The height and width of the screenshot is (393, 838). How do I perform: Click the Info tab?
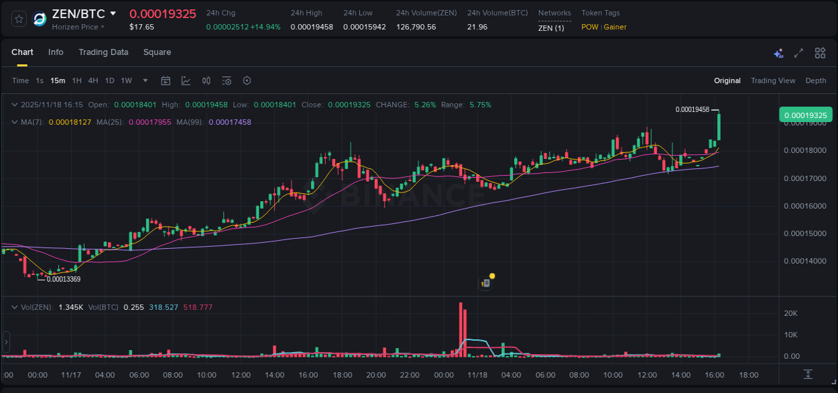(56, 52)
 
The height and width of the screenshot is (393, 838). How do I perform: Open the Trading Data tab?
(103, 52)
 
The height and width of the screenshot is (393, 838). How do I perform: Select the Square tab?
(157, 52)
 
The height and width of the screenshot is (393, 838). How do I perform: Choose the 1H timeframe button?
(76, 80)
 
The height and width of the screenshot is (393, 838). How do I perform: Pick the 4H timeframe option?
(93, 80)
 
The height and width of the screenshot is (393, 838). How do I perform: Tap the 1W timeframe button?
(126, 80)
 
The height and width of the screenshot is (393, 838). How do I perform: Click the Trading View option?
(772, 80)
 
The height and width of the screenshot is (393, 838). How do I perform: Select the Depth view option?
(815, 80)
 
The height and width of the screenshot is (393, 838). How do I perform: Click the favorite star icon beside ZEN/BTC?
(19, 19)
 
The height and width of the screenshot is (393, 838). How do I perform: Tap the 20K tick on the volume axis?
(791, 313)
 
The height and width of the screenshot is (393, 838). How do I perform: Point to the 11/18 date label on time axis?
(477, 375)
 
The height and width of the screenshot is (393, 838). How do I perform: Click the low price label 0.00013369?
(63, 279)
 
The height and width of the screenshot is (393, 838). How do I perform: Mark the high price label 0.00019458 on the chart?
(692, 109)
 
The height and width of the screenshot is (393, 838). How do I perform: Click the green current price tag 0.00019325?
(805, 115)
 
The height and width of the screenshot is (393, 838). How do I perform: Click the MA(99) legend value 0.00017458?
(230, 122)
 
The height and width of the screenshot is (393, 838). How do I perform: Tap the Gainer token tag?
(615, 27)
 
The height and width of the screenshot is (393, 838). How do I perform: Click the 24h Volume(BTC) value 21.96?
(477, 27)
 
